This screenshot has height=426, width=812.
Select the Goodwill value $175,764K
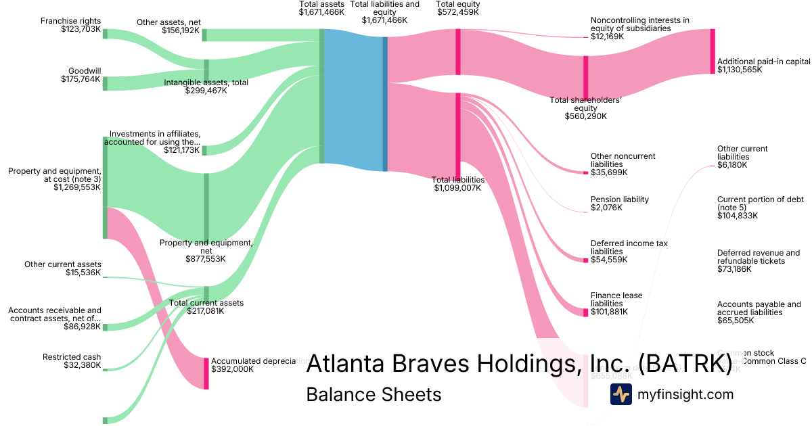pos(81,79)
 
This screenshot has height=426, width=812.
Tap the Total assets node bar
pos(322,96)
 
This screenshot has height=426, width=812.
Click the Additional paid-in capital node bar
pos(712,51)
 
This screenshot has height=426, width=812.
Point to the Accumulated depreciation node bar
pos(206,373)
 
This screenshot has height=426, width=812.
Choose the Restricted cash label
pos(72,357)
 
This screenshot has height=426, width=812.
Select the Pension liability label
pos(619,199)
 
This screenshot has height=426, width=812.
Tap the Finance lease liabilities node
pos(586,312)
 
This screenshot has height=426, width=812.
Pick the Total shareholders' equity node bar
pos(586,77)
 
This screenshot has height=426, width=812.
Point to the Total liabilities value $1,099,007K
pos(457,188)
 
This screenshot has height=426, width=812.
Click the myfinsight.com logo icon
pos(621,394)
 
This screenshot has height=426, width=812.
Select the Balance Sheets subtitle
pos(374,394)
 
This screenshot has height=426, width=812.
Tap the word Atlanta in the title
pos(344,364)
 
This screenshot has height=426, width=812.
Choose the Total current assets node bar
pos(206,293)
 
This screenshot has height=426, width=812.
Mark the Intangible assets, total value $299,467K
pos(206,91)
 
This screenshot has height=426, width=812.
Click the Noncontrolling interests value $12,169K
pos(607,37)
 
